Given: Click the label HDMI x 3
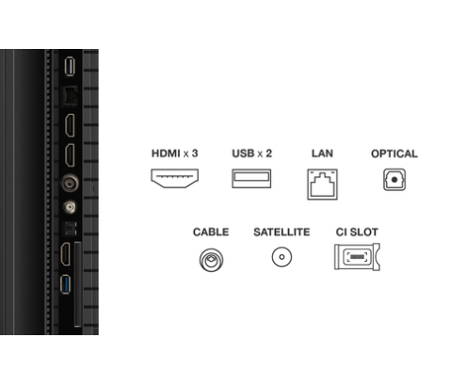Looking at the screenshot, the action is (174, 153).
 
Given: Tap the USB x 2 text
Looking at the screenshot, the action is (251, 153).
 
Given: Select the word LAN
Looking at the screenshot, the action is (322, 153).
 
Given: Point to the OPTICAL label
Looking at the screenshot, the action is (394, 153).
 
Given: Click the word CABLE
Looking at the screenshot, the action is (211, 232).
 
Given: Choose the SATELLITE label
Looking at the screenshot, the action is (281, 232).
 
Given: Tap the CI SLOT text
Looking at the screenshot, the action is (357, 232).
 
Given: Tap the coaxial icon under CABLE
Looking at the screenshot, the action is (211, 260).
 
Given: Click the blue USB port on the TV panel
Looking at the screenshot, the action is (65, 284).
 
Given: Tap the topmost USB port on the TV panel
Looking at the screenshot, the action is (70, 66).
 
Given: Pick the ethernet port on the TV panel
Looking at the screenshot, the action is (70, 95).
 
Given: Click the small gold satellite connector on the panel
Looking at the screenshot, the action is (70, 207).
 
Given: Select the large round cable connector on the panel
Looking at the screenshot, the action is (70, 183).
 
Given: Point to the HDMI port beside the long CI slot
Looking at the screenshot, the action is (66, 254).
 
